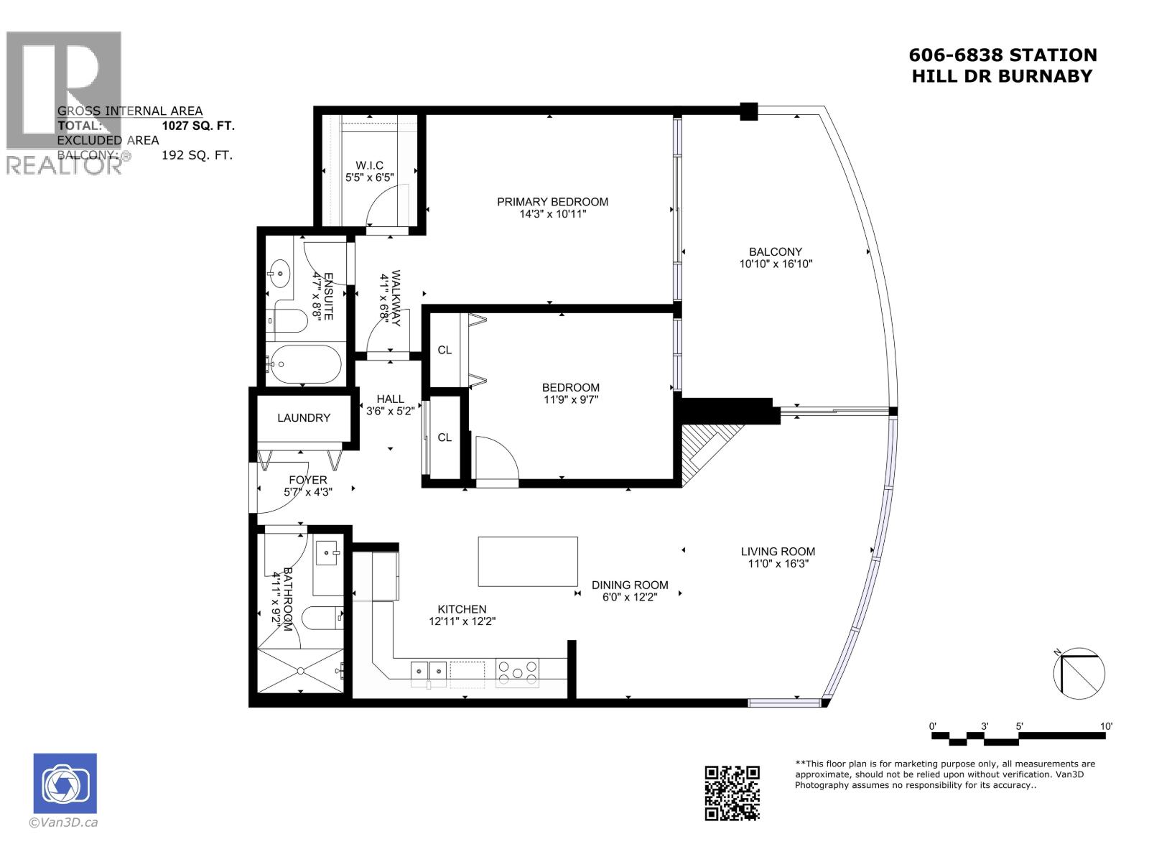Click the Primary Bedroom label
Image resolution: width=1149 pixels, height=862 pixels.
(552, 202)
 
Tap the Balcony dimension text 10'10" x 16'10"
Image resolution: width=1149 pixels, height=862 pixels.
(776, 264)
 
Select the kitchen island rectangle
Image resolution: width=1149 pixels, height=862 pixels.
(528, 562)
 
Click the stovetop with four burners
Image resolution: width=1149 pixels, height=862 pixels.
(517, 672)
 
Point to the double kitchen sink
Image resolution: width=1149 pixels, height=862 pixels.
(429, 671)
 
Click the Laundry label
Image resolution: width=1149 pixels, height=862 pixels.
(304, 417)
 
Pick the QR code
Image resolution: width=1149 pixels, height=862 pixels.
(732, 792)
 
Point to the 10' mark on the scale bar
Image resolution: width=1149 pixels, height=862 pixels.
(1106, 726)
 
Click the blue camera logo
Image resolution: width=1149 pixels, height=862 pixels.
(65, 783)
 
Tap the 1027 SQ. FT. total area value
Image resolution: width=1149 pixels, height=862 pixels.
(198, 126)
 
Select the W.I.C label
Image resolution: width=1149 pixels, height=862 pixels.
(369, 165)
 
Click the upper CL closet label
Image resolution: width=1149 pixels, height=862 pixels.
(445, 350)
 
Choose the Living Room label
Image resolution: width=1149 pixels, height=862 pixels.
(778, 552)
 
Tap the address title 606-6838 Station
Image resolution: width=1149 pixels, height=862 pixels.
(1003, 55)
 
